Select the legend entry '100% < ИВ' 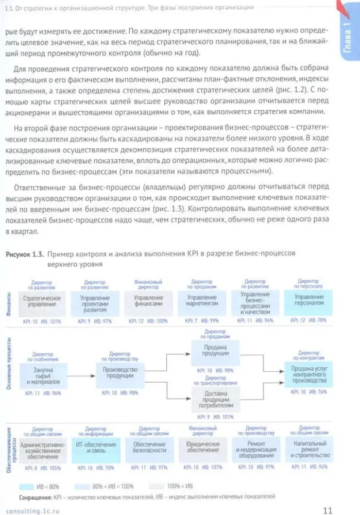177,486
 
